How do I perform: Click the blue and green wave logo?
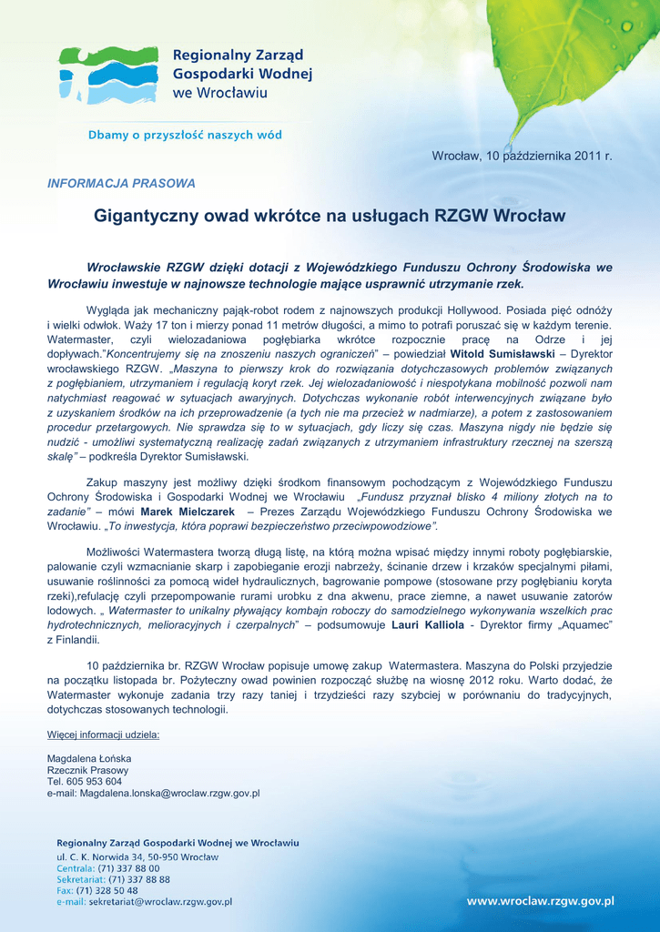click(x=107, y=75)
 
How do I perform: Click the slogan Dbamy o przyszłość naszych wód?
click(x=184, y=135)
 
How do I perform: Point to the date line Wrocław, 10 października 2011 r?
click(x=522, y=157)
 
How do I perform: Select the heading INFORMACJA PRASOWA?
click(x=121, y=183)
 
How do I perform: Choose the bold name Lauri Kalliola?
click(x=428, y=626)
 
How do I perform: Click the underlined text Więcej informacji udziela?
click(x=103, y=734)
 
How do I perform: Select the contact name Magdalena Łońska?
click(x=89, y=758)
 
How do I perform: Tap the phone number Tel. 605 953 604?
click(x=84, y=781)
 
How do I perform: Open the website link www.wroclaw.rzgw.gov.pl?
click(x=540, y=901)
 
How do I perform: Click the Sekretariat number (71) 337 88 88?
click(x=139, y=879)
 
